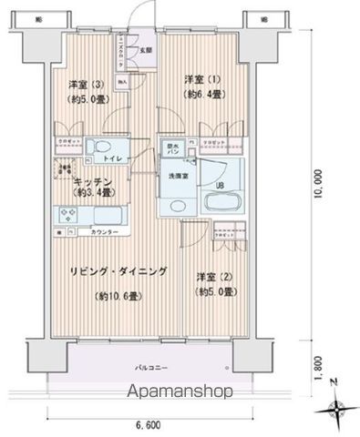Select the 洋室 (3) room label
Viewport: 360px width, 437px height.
(73, 87)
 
